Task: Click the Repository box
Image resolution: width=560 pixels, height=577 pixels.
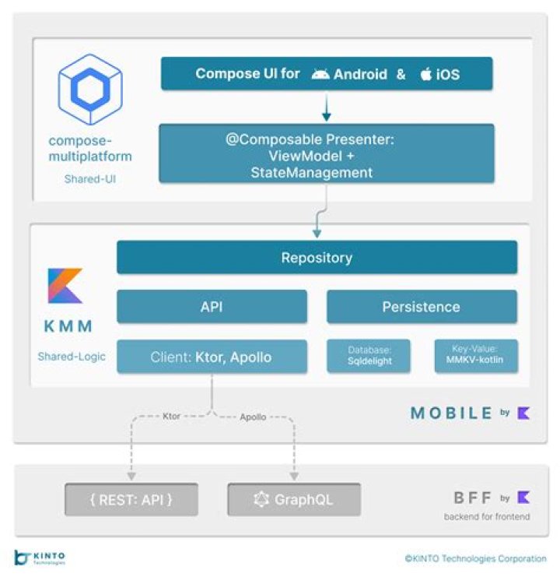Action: pyautogui.click(x=317, y=257)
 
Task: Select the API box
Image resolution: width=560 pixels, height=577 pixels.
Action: pyautogui.click(x=212, y=307)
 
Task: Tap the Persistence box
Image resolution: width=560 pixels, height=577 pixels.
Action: pyautogui.click(x=422, y=307)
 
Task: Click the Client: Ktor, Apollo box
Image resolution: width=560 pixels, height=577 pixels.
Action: pyautogui.click(x=212, y=356)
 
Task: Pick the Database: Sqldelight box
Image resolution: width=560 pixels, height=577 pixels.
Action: pyautogui.click(x=369, y=356)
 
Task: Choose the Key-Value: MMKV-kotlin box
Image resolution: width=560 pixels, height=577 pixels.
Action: pyautogui.click(x=476, y=356)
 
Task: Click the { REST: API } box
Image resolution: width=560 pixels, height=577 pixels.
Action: pyautogui.click(x=131, y=499)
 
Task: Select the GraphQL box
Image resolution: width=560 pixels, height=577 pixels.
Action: pyautogui.click(x=294, y=499)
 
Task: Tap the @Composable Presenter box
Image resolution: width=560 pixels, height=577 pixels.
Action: pyautogui.click(x=327, y=153)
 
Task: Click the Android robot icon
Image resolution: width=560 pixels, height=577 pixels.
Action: pyautogui.click(x=320, y=74)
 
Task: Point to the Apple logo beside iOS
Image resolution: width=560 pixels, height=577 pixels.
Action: pyautogui.click(x=425, y=74)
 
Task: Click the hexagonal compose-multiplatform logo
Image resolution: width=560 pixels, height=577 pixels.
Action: pyautogui.click(x=90, y=90)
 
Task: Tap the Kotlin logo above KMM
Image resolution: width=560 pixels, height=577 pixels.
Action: pyautogui.click(x=65, y=286)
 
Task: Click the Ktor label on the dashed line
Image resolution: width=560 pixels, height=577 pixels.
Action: pyautogui.click(x=171, y=416)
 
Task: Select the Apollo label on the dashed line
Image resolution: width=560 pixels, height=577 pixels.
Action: pyautogui.click(x=253, y=417)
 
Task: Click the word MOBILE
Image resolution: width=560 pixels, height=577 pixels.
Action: pyautogui.click(x=451, y=413)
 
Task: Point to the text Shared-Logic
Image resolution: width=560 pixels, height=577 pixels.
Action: pyautogui.click(x=72, y=356)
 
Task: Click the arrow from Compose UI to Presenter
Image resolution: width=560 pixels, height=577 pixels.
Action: pyautogui.click(x=327, y=106)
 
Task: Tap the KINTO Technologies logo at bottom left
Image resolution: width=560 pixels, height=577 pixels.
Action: pyautogui.click(x=40, y=558)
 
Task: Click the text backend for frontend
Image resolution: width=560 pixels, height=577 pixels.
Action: pyautogui.click(x=487, y=516)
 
